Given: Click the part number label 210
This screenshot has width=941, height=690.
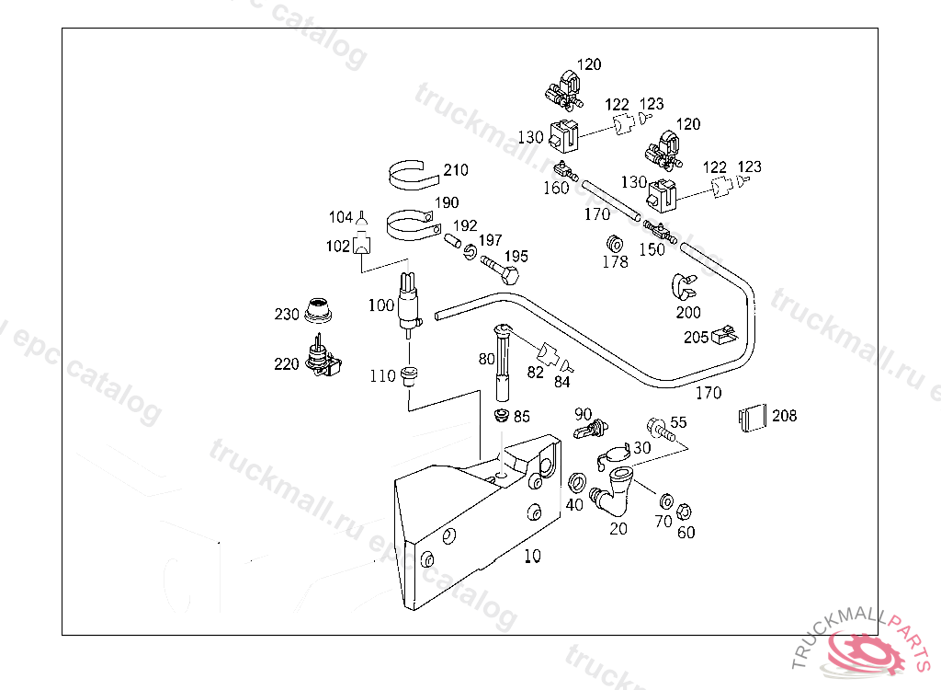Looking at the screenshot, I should point(456,170).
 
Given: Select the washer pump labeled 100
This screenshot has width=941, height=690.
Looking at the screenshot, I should point(407,301).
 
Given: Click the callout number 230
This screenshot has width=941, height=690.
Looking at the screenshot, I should point(287,315).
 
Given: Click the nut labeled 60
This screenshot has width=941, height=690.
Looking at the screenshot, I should point(683,512).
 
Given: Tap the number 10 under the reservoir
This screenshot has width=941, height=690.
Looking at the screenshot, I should point(533,556).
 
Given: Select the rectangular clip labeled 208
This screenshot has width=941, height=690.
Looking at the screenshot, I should point(752,418).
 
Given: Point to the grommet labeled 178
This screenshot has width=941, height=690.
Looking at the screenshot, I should point(614,244).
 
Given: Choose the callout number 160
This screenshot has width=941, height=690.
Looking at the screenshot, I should point(556,188).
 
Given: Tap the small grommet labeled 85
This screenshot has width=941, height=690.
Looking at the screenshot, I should point(502,416).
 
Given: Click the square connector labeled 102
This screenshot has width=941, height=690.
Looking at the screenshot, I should point(362,246).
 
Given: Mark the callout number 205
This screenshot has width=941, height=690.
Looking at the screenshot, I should point(696,338).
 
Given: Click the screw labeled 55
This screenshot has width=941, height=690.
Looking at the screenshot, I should point(659,429).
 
